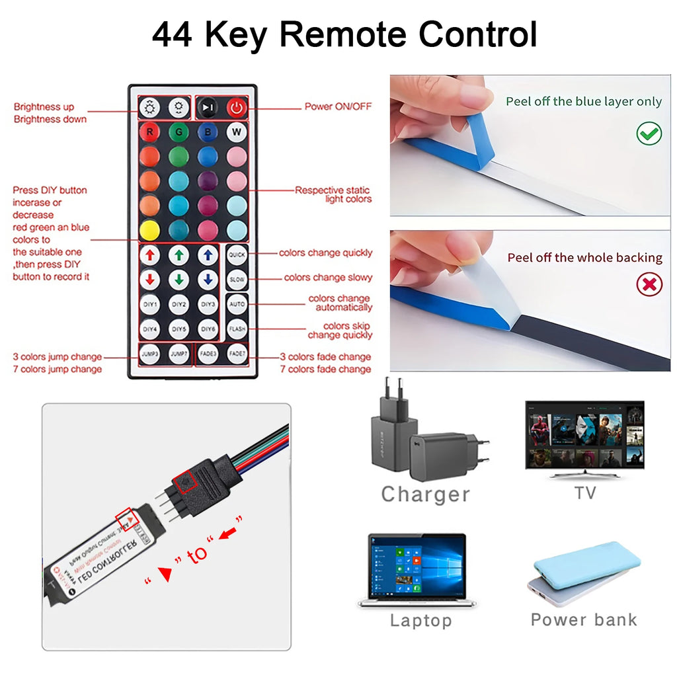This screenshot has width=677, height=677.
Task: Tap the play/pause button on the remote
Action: click(x=208, y=107)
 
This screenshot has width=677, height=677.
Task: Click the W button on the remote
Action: click(x=236, y=132)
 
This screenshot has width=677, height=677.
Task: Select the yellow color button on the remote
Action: click(x=149, y=230)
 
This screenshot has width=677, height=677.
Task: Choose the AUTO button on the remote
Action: click(x=237, y=304)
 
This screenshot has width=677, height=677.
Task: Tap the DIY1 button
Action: click(x=150, y=304)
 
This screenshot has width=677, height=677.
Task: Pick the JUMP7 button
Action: click(x=179, y=354)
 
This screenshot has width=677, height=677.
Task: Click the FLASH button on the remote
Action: click(x=237, y=329)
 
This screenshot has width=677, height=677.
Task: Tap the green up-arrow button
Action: click(x=179, y=255)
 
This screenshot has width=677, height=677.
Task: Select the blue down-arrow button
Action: click(x=208, y=280)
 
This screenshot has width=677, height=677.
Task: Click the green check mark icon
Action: click(x=649, y=134)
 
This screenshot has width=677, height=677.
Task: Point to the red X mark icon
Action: click(x=649, y=285)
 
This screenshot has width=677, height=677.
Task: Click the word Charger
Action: click(x=425, y=494)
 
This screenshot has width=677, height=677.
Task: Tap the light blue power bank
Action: click(x=586, y=565)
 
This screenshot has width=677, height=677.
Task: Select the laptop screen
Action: click(x=417, y=567)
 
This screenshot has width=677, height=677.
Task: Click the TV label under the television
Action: click(x=584, y=493)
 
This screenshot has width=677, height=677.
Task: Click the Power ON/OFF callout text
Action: click(x=338, y=106)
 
